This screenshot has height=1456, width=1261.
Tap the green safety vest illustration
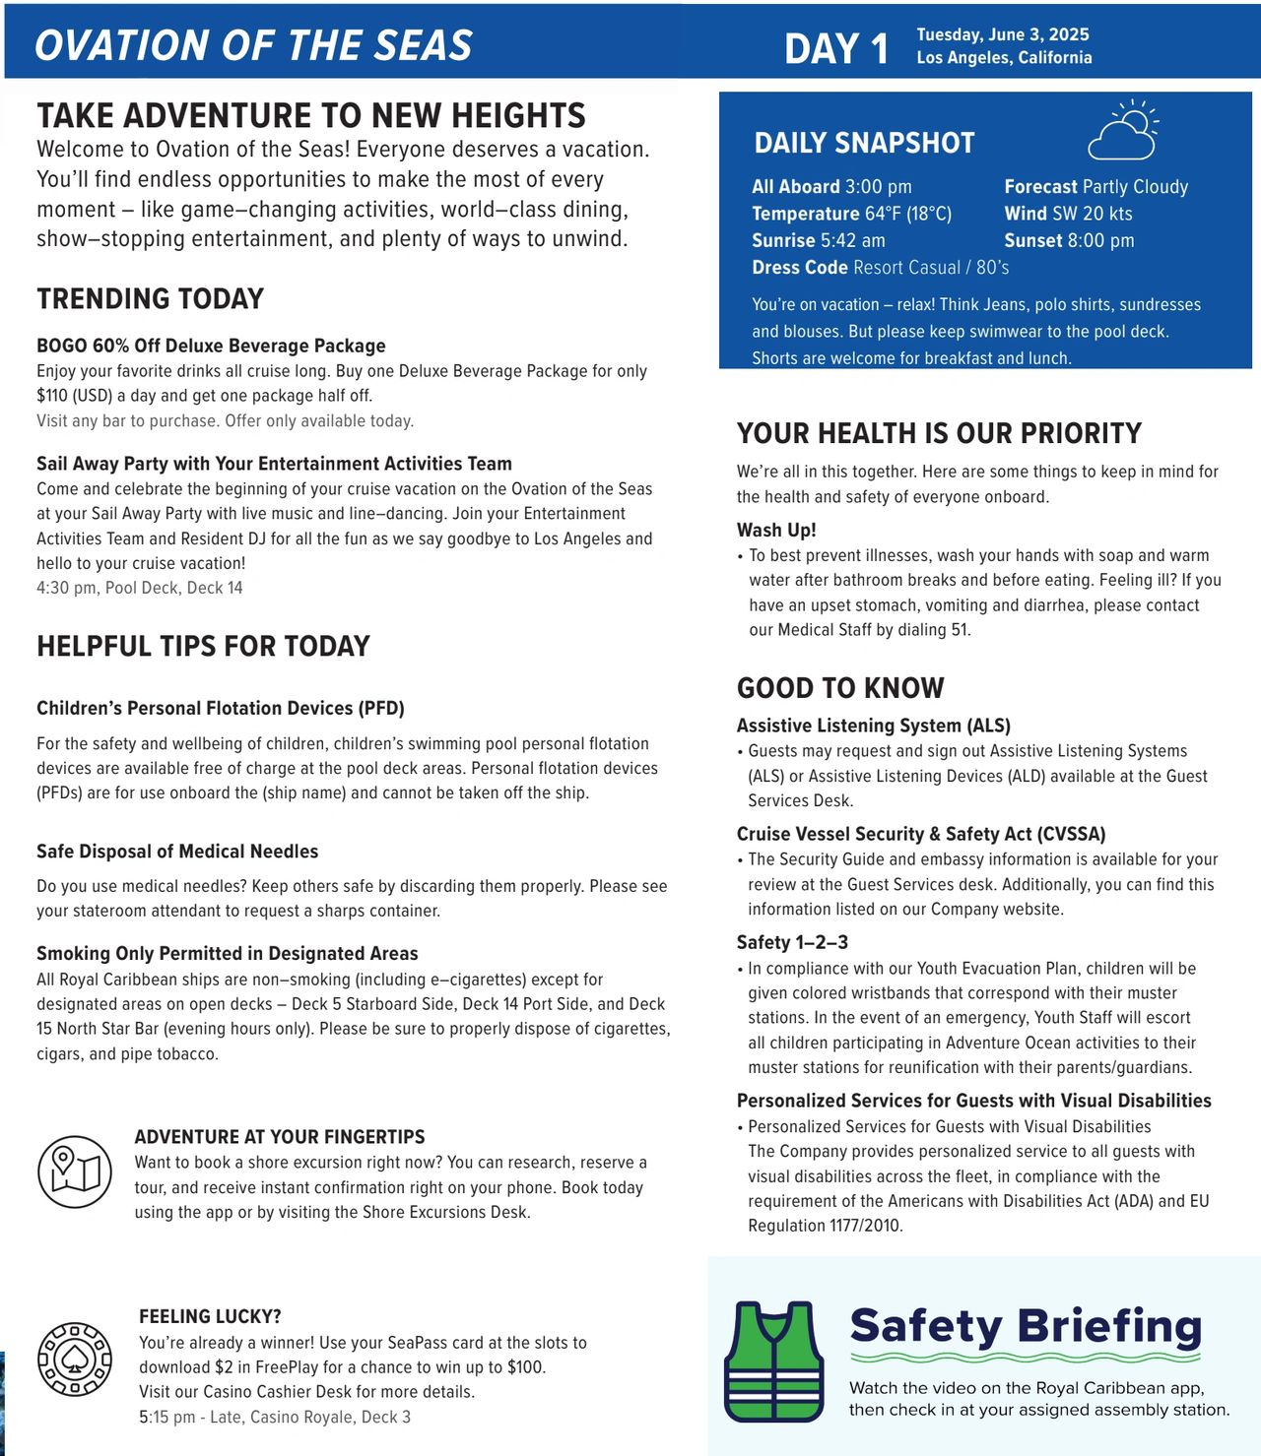click(x=773, y=1362)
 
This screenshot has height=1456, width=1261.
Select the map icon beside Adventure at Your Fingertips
click(x=75, y=1171)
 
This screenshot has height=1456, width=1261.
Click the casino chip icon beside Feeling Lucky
click(x=75, y=1360)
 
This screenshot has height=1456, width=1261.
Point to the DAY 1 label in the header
click(x=836, y=48)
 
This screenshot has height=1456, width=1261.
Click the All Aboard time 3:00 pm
click(x=879, y=187)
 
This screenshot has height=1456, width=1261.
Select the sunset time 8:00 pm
click(x=1101, y=240)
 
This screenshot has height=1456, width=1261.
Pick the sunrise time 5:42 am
click(x=853, y=240)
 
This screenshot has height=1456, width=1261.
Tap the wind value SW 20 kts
click(x=1093, y=214)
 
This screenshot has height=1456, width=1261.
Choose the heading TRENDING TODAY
click(x=151, y=299)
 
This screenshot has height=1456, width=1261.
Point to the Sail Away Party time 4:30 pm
click(x=66, y=588)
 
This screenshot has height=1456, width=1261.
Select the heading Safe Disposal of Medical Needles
click(x=177, y=852)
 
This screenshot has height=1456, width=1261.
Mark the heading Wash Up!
click(x=776, y=530)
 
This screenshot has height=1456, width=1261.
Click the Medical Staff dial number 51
click(x=960, y=630)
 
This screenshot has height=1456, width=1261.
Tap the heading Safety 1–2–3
click(x=792, y=942)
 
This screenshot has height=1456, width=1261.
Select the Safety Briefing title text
click(x=1026, y=1326)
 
